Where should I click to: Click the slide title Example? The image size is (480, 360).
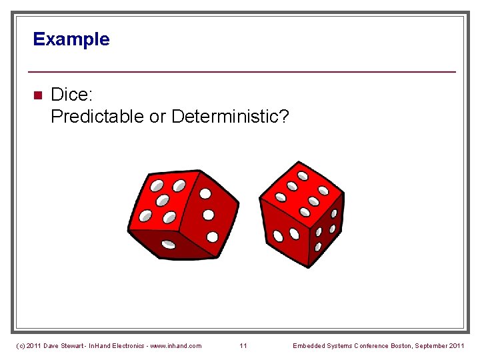pos(71,39)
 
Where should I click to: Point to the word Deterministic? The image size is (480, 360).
pos(230,117)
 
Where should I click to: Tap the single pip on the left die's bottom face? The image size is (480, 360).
pos(169,243)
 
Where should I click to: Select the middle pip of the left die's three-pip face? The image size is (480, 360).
pos(208,215)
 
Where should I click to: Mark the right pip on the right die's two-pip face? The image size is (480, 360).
pos(295,233)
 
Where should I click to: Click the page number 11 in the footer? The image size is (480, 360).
pos(243,345)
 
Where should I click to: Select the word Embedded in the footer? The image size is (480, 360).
pos(309,345)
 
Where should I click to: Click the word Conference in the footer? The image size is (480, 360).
pos(362,345)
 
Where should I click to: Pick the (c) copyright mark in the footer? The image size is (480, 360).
pos(20,345)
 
